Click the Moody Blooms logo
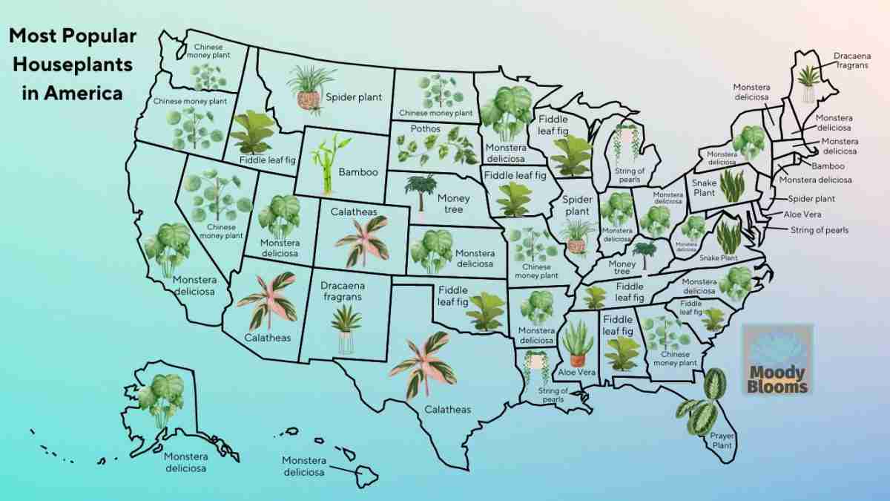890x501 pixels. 778,359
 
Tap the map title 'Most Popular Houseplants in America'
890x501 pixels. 71,65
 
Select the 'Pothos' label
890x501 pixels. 425,129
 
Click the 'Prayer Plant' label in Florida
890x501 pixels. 722,441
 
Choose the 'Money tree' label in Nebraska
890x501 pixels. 454,203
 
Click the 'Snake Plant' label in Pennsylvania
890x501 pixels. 704,188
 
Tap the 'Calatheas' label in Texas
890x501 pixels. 447,409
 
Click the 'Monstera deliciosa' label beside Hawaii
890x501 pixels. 303,466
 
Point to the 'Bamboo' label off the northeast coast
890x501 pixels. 828,166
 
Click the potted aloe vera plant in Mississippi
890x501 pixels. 577,342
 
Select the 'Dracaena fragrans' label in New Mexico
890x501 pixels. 341,290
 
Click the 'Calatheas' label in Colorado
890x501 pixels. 354,212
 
